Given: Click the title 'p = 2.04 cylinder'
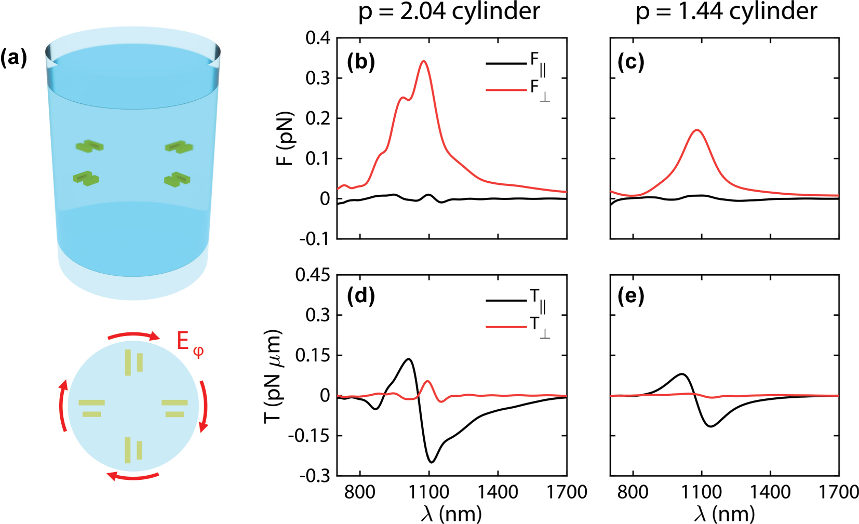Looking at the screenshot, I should point(449,11).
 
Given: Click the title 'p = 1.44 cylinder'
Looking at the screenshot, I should point(726,11).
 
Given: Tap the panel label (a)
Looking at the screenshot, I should point(14,58).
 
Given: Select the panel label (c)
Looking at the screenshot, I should point(631,62).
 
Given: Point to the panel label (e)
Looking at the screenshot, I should point(631,297).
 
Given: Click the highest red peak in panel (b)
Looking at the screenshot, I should point(424,61).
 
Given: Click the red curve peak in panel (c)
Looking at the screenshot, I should point(697,130).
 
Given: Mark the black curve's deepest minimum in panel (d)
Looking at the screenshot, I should point(432,462).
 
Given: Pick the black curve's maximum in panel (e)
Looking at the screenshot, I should point(682,374).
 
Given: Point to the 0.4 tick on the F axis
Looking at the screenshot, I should point(317,38).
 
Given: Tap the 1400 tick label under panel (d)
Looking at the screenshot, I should point(498,492).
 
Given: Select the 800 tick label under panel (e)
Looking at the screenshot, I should point(633,492).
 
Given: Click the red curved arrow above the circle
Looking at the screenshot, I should point(133,335).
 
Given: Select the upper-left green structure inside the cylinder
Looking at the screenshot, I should point(89,145).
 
